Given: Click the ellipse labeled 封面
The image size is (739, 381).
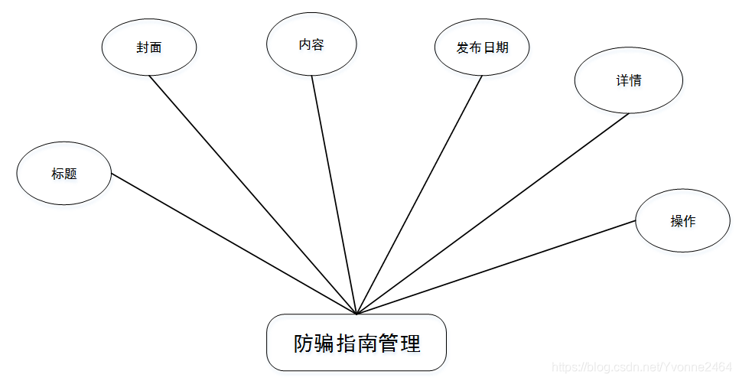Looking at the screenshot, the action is [x=149, y=47].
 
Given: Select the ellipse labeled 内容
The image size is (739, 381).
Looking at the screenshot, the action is [x=311, y=44].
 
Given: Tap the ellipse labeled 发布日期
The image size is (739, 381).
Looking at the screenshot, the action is [x=482, y=47].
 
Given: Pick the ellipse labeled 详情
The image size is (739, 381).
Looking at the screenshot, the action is [x=628, y=80].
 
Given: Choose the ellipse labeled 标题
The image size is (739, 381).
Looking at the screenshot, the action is [x=64, y=174].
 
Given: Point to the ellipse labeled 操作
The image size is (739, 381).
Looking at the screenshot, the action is [x=682, y=221].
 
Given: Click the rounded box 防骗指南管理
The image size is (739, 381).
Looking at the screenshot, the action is [x=356, y=343].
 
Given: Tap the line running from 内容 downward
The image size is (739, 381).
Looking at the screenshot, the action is [x=334, y=194].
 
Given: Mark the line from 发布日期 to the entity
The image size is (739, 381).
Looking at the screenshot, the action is [x=419, y=194].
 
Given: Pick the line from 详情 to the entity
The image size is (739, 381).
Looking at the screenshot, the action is [x=493, y=213].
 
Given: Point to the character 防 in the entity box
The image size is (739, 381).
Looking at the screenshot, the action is [x=304, y=344].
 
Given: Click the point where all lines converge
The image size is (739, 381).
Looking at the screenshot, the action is [x=356, y=314].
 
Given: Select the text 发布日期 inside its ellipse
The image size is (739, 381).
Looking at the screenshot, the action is [x=482, y=47].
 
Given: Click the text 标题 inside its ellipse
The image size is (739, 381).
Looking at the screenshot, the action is [x=64, y=174].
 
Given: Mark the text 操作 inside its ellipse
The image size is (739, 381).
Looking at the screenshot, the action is [x=682, y=221].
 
